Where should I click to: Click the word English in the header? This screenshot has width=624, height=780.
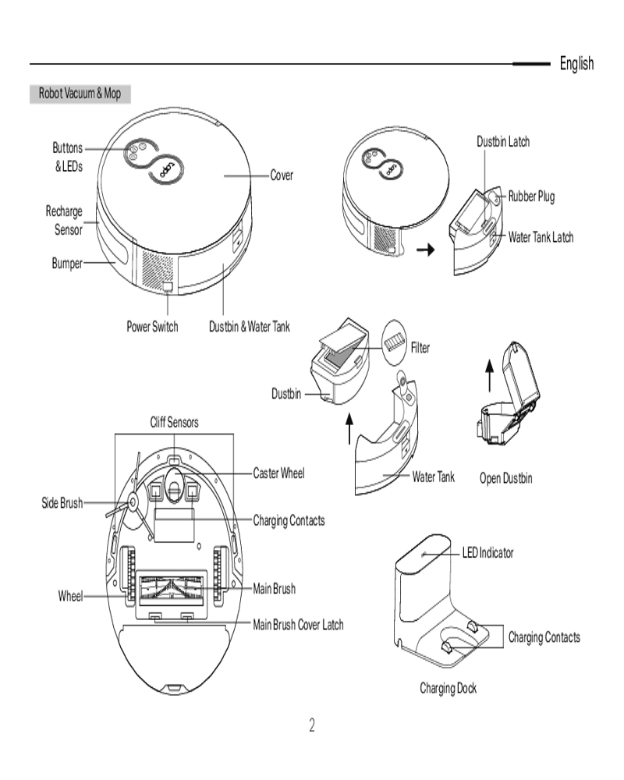coord(576,64)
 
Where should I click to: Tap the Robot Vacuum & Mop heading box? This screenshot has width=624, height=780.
coord(80,94)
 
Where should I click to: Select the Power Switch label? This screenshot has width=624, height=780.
coord(152,327)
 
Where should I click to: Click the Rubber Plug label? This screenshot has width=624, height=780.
coord(531,197)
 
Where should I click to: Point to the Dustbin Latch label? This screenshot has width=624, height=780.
coord(503,141)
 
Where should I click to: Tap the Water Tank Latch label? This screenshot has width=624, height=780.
coord(541,237)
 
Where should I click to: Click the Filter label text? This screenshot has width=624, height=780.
coord(420,348)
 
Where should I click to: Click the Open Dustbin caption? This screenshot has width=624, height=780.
coord(505,478)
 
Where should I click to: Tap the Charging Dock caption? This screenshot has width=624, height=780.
coord(448,688)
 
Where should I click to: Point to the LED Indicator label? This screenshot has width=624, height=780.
coord(488,552)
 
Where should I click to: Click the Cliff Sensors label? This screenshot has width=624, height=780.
coord(174,423)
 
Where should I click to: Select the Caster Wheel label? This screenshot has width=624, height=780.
coord(278,473)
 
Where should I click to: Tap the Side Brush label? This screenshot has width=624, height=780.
coord(62,503)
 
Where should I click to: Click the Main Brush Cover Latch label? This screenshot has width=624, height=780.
coord(298,625)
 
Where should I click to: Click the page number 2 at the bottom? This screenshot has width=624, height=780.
coord(312,726)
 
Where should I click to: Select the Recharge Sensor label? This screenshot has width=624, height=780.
coord(64,220)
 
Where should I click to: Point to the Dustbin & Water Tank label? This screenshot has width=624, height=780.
coord(249,327)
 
